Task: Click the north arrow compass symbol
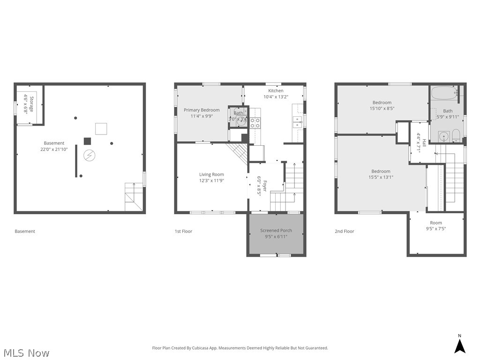[x=460, y=345]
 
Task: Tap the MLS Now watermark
[x=26, y=352]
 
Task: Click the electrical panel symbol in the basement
[x=88, y=155]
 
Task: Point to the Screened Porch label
[x=276, y=231]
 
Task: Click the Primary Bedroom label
[x=202, y=110]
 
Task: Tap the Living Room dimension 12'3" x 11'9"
[x=211, y=180]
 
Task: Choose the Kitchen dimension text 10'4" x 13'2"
[x=276, y=97]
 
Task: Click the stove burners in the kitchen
[x=255, y=123]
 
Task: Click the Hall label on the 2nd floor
[x=424, y=142]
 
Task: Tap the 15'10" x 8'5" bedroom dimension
[x=382, y=109]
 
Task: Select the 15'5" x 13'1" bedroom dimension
[x=381, y=177]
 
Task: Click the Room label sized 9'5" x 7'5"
[x=436, y=223]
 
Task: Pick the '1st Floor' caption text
[x=183, y=231]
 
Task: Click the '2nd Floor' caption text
[x=345, y=231]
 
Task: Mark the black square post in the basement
[x=87, y=141]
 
